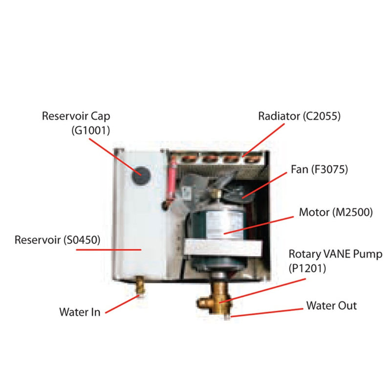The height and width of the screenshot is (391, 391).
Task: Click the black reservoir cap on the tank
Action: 141,173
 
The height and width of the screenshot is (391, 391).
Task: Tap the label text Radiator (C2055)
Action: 299,116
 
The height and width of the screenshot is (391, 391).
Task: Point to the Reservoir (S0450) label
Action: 57,240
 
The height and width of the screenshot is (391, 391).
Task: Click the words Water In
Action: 80,311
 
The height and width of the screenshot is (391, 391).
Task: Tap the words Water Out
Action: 331,306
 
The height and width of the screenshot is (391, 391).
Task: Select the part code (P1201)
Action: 306,267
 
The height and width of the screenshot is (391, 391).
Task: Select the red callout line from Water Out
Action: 266,312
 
